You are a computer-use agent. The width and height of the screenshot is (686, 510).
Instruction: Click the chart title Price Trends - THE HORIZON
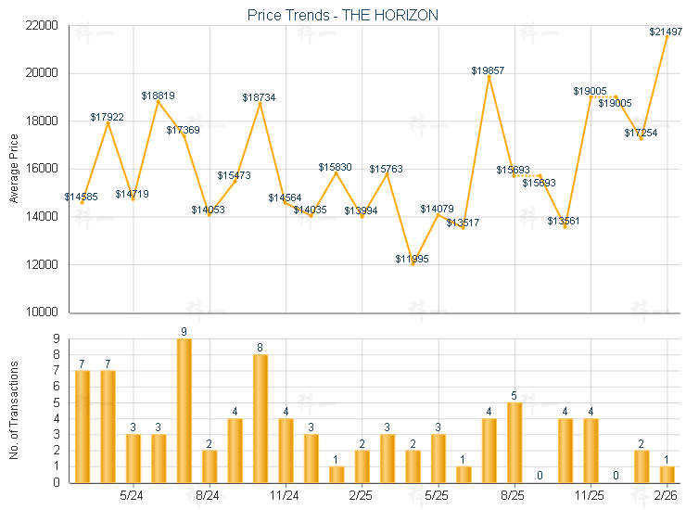tap(343, 15)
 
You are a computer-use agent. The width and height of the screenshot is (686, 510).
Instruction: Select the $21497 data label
tap(666, 32)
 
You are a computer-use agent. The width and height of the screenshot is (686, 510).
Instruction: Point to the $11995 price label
tap(413, 258)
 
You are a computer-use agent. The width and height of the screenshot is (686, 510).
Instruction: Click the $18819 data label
tap(158, 96)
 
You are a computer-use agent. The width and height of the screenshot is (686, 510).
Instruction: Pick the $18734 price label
tap(259, 97)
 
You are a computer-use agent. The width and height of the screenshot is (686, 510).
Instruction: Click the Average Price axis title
tap(14, 169)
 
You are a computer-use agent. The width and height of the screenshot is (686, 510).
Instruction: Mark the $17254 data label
tap(641, 134)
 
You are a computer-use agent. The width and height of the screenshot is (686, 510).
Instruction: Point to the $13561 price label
tap(564, 221)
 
